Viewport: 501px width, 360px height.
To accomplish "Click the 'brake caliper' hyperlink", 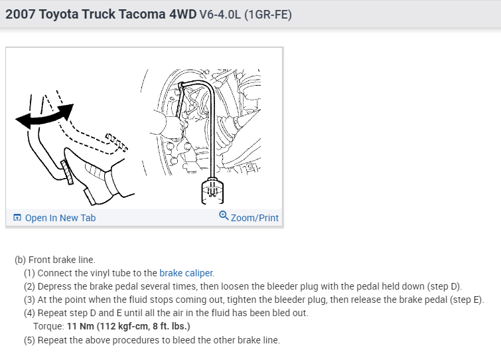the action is [186, 273].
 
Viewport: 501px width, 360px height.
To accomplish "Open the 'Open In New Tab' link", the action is [60, 218].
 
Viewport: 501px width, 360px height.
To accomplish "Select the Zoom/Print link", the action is [255, 218].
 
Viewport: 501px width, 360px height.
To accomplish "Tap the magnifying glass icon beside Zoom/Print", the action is [224, 216].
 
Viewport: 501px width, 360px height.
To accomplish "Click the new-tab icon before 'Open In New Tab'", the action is [17, 218].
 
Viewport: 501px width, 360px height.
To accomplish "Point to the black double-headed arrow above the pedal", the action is [44, 116].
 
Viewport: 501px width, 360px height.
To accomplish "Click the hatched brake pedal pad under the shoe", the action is [67, 172].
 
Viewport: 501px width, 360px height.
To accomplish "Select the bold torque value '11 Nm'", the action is [80, 326].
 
